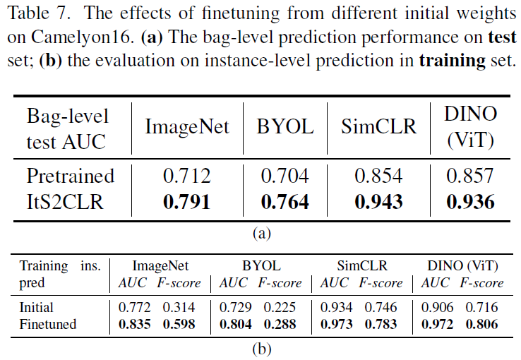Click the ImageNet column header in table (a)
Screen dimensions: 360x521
[x=187, y=127]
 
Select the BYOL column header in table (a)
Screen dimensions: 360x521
[x=285, y=127]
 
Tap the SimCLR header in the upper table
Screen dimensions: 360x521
[x=378, y=127]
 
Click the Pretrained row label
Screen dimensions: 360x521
[x=70, y=175]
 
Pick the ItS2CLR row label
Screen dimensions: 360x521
[x=65, y=202]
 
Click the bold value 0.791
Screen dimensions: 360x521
[x=187, y=202]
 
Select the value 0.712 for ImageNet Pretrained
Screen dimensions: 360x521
[x=187, y=175]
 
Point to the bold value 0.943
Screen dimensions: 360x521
[x=378, y=202]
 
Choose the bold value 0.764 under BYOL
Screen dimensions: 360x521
[x=285, y=202]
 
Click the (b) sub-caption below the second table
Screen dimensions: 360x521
[x=260, y=348]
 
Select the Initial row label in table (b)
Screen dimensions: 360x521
[x=37, y=308]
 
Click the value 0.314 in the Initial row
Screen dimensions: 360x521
[x=179, y=308]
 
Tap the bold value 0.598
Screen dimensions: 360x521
[x=179, y=324]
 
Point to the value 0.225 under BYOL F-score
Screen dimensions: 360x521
[x=280, y=308]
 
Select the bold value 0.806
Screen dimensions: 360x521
[x=482, y=324]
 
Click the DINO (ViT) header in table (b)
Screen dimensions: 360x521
[x=462, y=266]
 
